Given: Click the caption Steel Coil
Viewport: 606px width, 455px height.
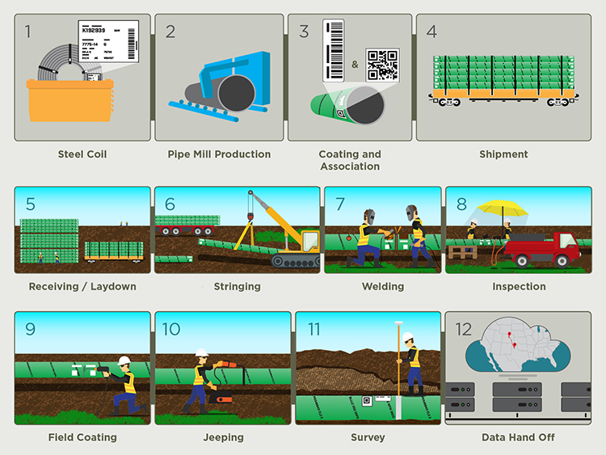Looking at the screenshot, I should click(x=82, y=154).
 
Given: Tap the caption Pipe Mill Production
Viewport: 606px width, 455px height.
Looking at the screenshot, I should click(x=219, y=154).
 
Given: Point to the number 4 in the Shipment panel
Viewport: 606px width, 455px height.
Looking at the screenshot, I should click(x=431, y=32).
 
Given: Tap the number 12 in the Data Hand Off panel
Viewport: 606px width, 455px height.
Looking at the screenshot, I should click(x=463, y=329).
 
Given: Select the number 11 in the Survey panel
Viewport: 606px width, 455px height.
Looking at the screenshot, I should click(x=314, y=329).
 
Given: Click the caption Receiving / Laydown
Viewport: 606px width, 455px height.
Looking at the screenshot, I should click(x=82, y=286).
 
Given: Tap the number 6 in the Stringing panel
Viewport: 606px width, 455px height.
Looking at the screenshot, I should click(x=170, y=204).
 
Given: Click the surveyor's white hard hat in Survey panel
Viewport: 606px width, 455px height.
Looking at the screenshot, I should click(x=410, y=338).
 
